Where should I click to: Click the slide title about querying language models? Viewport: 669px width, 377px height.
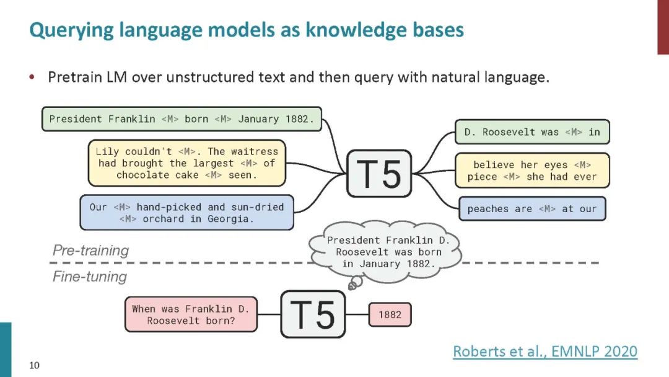(247, 30)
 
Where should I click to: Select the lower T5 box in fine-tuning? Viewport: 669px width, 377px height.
(313, 314)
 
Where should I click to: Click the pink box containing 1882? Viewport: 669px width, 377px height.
(390, 314)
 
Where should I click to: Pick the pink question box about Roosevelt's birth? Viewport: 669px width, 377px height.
(190, 314)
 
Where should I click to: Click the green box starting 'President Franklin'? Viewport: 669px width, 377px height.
(181, 118)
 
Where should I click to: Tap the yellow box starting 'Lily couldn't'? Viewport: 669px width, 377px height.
(186, 163)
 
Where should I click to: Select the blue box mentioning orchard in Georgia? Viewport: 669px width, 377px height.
(186, 213)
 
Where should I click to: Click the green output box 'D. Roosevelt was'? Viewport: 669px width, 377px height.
(532, 131)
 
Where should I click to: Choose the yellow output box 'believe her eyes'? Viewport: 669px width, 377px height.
(532, 171)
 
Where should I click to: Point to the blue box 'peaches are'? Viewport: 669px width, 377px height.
(531, 209)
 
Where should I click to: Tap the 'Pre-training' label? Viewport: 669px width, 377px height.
(90, 251)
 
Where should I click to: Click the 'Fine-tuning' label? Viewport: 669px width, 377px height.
(89, 277)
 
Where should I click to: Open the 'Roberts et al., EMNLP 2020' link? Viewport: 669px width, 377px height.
(544, 352)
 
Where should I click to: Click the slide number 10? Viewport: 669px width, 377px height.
(34, 365)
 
